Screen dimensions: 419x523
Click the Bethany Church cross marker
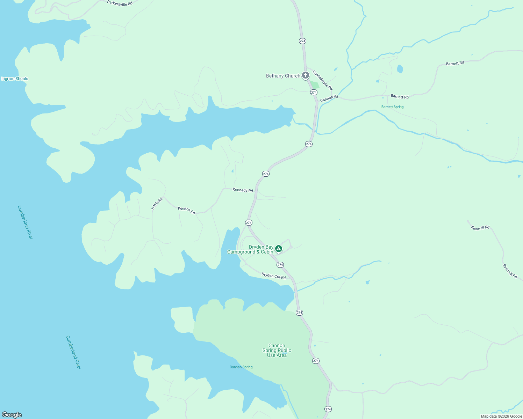coord(306,75)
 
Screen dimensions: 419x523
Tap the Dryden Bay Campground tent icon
coord(278,249)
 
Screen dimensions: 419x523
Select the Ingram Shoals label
coord(15,79)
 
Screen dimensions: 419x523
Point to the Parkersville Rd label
coord(120,3)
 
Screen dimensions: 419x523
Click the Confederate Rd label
coord(322,80)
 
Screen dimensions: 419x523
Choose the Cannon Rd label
coord(329,98)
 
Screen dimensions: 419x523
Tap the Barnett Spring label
coord(392,107)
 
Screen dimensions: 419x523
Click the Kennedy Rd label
coord(243,190)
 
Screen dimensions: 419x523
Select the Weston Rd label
coord(186,210)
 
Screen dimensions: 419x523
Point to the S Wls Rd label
coord(157,204)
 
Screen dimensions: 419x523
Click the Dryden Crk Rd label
coord(273,276)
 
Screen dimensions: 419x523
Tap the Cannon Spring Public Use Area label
coord(277,350)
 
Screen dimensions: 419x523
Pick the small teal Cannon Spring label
coord(241,367)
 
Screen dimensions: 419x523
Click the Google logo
coord(12,414)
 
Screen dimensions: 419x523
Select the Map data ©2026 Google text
coord(501,416)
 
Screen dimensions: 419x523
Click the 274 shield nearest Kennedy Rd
coord(266,174)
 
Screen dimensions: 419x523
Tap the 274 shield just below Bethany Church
coord(314,93)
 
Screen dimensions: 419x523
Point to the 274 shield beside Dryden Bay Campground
coord(280,265)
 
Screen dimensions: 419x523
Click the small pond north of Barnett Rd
coord(400,69)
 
